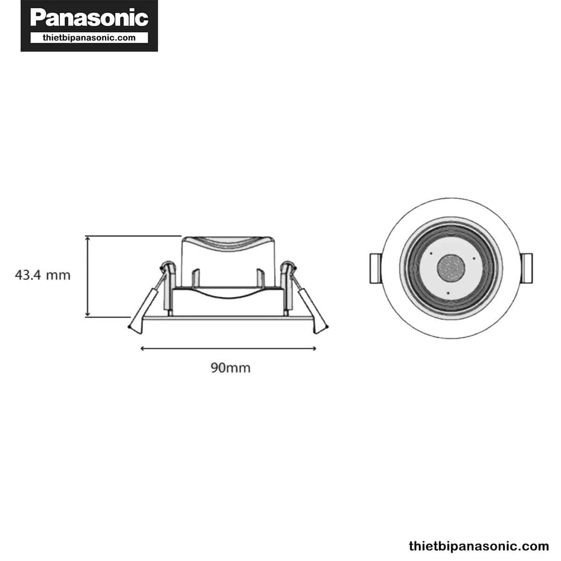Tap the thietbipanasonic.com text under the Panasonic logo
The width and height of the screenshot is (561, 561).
tap(89, 38)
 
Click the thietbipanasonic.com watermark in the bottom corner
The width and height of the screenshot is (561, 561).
tap(479, 546)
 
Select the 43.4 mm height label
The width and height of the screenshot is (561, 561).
tap(43, 275)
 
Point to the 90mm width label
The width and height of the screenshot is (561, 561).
tap(230, 368)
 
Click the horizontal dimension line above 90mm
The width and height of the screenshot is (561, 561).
tap(229, 348)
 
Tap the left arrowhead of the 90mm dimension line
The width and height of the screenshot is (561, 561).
tap(142, 348)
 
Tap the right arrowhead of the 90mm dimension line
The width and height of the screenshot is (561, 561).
tap(315, 348)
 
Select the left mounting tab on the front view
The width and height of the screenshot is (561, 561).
tap(375, 268)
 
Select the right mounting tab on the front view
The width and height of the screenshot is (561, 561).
tap(527, 268)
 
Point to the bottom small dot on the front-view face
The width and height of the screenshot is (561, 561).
tap(448, 293)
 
